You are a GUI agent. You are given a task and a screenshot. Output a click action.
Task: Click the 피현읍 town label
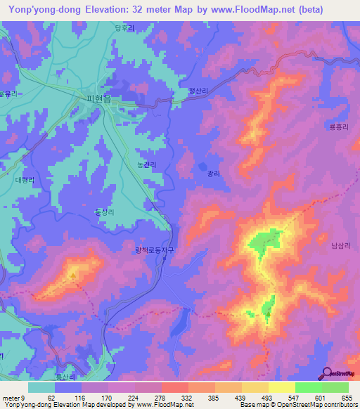pyautogui.click(x=98, y=100)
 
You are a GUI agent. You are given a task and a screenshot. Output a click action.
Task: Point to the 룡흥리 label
pyautogui.click(x=339, y=126)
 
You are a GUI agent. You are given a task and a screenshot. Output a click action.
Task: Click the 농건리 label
pyautogui.click(x=146, y=164)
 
